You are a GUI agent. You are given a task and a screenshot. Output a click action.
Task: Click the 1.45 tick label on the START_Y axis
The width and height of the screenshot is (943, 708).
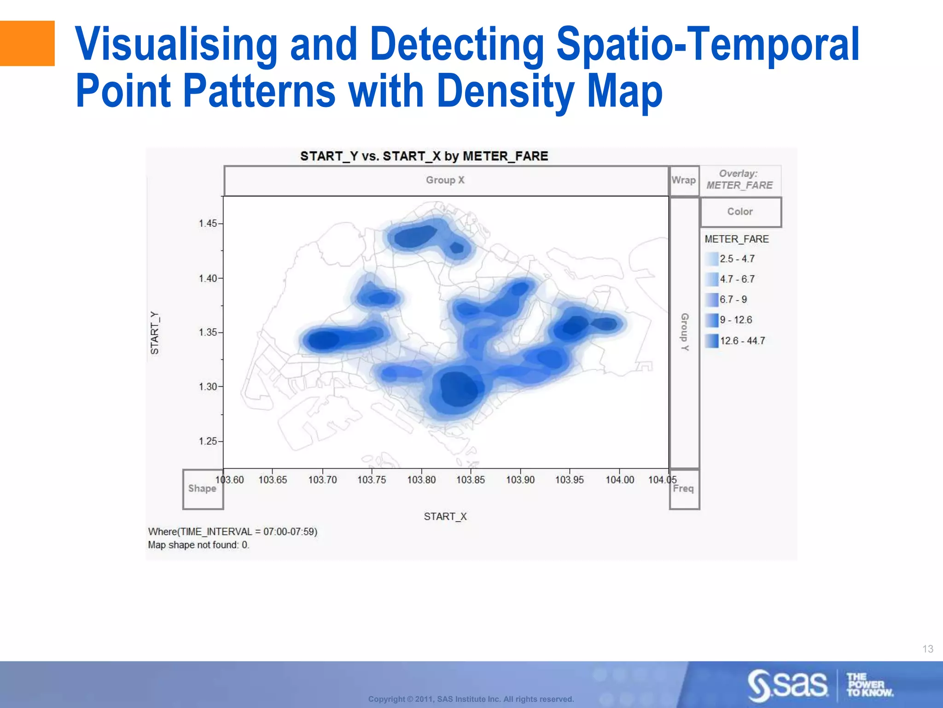(208, 224)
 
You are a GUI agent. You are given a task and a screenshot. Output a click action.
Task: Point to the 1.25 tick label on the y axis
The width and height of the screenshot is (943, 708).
(208, 441)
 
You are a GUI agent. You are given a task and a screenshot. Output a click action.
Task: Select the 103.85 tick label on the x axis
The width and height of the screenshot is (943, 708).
(470, 480)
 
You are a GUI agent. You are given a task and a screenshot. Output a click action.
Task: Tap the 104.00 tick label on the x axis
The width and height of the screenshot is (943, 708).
(619, 480)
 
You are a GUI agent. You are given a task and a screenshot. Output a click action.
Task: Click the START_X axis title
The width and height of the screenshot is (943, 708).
(445, 516)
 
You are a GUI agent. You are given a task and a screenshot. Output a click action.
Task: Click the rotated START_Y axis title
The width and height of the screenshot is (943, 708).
(155, 333)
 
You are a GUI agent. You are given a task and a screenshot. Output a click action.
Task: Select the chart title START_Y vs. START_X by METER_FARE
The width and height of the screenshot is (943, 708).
(424, 156)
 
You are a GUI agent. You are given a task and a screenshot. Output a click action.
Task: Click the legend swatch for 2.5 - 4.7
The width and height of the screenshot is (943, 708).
(711, 259)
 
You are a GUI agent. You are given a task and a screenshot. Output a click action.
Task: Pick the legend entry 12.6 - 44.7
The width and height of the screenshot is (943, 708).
(742, 341)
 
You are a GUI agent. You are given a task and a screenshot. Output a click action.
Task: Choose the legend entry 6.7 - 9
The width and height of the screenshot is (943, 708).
(733, 300)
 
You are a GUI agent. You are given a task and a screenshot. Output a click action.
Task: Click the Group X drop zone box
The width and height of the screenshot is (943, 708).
(445, 180)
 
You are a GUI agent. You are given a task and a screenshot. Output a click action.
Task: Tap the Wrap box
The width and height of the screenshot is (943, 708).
(684, 180)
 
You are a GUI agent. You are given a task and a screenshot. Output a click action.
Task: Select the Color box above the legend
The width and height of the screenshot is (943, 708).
(740, 212)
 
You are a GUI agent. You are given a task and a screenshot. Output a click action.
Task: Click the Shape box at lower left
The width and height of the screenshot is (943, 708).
(202, 489)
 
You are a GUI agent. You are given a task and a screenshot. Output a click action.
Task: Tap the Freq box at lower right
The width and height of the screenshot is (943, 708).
(683, 489)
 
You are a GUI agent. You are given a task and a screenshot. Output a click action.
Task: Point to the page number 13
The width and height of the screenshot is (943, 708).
(927, 649)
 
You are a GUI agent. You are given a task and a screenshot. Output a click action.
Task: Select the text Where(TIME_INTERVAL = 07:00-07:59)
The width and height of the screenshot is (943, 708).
(233, 531)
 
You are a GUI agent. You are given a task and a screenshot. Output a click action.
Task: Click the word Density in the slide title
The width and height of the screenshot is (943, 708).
(505, 91)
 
